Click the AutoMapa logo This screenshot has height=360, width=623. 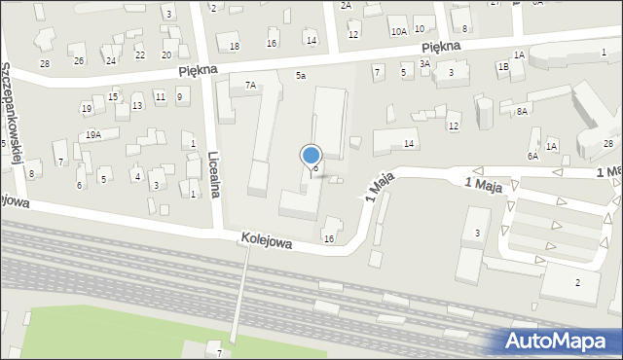562,340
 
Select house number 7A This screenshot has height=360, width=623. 250,86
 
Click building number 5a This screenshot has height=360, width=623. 301,75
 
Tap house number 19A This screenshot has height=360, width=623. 92,135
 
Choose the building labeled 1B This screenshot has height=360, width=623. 503,67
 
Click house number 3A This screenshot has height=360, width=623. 424,63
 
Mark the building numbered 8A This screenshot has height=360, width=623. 522,112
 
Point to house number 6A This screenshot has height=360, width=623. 532,156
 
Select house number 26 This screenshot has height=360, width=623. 79,60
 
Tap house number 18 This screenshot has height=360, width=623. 234,47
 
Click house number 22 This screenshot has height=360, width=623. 140,55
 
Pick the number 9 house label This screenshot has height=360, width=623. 179,95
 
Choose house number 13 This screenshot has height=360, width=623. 137,105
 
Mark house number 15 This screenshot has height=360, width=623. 113,96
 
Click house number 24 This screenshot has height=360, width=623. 111,61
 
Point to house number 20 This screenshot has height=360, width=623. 166,54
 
